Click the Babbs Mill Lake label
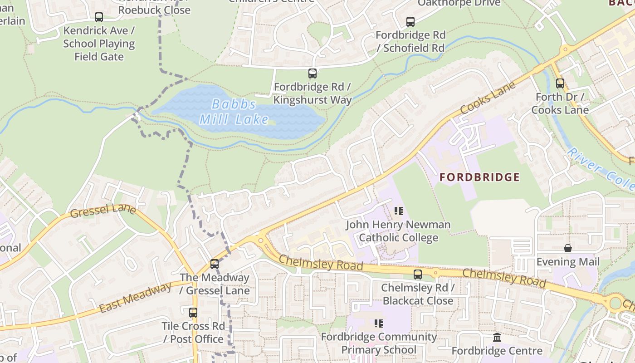tap(234, 112)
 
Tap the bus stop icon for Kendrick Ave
tap(99, 17)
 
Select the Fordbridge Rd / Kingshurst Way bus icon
tap(312, 74)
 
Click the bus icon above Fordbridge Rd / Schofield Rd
tap(410, 22)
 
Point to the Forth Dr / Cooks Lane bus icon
tap(560, 83)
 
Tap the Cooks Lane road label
tap(488, 98)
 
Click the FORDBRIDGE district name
tap(479, 177)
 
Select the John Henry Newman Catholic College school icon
tap(398, 211)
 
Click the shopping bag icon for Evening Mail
tap(567, 248)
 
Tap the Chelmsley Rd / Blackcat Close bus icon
tap(417, 275)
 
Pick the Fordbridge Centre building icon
tap(497, 338)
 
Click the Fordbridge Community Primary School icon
tap(378, 324)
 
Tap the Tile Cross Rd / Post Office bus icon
tap(193, 313)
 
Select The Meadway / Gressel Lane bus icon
tap(215, 264)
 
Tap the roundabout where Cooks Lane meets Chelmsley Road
tap(261, 240)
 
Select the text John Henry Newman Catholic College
tap(398, 231)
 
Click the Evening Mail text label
tap(567, 262)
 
